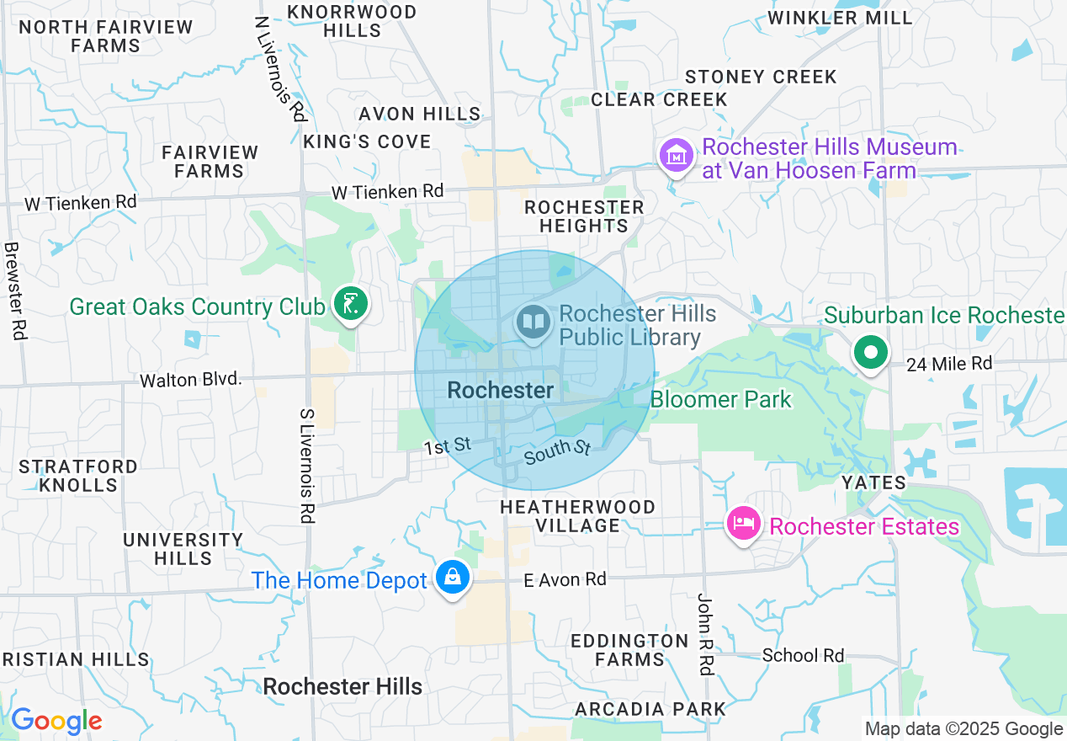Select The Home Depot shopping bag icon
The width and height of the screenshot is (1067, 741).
tap(453, 578)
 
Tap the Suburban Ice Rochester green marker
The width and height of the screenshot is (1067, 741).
tap(871, 352)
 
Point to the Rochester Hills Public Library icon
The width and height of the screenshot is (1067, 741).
tap(533, 323)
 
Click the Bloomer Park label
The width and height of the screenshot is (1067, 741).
tap(721, 399)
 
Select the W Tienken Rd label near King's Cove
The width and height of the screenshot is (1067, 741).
tap(387, 192)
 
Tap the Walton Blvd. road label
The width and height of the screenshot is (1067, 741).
tap(191, 380)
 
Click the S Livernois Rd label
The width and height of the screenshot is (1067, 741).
tap(307, 466)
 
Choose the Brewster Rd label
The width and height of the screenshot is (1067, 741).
tap(14, 291)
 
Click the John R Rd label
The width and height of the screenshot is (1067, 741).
tap(705, 633)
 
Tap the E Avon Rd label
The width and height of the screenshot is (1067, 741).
tap(565, 579)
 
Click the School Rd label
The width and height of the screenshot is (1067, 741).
tap(803, 655)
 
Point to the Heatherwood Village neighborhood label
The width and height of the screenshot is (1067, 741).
tap(577, 516)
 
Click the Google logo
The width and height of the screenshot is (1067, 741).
tap(56, 722)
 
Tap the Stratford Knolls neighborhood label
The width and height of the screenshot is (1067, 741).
tap(78, 476)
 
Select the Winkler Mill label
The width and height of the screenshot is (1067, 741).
tap(840, 18)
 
